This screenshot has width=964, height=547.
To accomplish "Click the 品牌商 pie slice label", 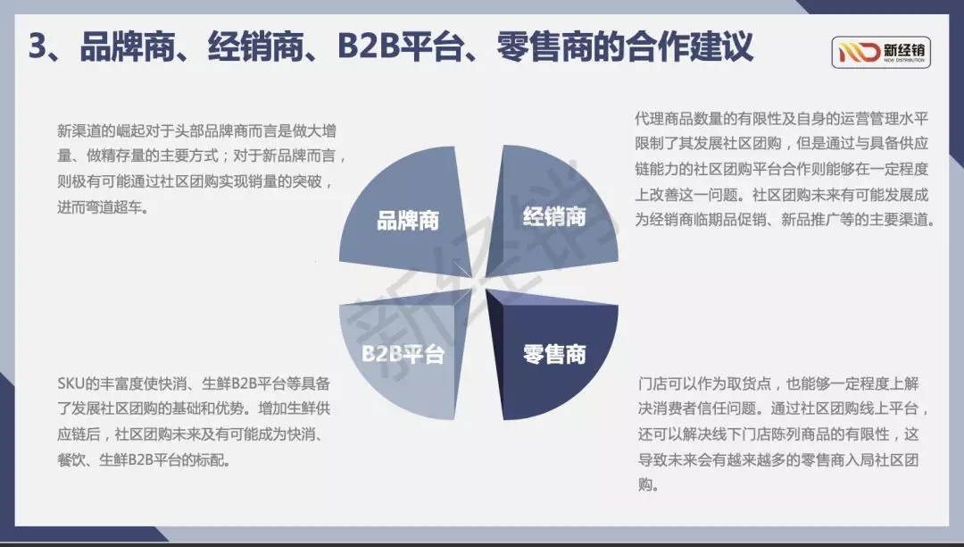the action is click(x=408, y=220).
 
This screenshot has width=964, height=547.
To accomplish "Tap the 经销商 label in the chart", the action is click(x=554, y=216).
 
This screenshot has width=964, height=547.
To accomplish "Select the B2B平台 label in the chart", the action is click(x=403, y=354).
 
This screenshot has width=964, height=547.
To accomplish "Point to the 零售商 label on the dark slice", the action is click(x=554, y=355).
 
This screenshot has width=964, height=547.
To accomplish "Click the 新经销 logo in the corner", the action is click(x=881, y=52).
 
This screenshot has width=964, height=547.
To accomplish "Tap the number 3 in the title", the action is click(x=37, y=46).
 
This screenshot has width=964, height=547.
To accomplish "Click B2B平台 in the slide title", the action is click(x=400, y=46).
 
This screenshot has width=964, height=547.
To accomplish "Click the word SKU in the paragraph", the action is click(x=71, y=384).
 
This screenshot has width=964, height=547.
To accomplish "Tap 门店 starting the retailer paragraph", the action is click(x=652, y=384).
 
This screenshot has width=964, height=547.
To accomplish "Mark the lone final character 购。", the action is click(x=649, y=484).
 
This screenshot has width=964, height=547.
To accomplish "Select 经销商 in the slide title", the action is click(x=256, y=46).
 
